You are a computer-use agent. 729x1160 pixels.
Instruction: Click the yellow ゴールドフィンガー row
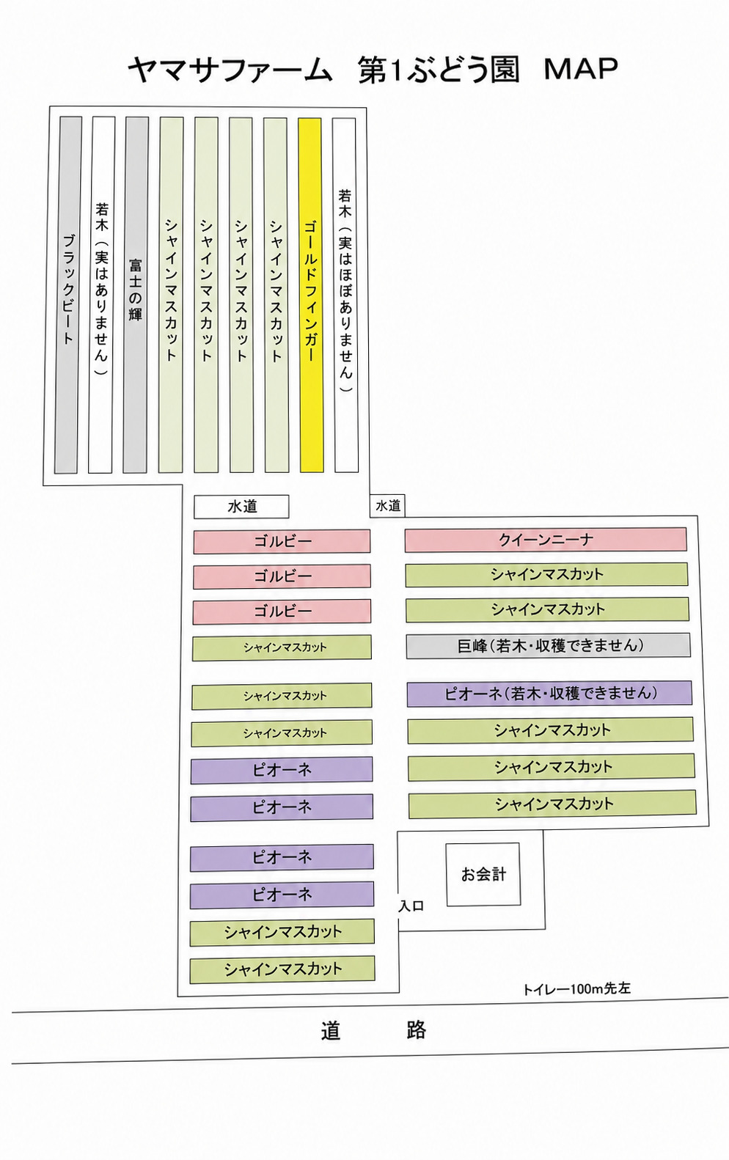tap(311, 295)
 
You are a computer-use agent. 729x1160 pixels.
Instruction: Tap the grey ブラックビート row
tap(68, 295)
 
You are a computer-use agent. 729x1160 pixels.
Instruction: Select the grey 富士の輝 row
tap(135, 295)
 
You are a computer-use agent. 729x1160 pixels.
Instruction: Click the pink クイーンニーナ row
tap(546, 540)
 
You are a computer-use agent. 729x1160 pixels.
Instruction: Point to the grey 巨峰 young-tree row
tap(548, 645)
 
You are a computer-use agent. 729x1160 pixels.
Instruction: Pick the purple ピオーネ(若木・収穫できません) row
tap(549, 694)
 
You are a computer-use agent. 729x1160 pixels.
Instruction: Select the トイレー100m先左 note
tap(576, 988)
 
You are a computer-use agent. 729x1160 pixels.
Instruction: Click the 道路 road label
tap(373, 1030)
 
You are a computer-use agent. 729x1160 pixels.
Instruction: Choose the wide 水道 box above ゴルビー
tap(241, 507)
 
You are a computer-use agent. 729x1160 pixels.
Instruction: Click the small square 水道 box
tap(387, 505)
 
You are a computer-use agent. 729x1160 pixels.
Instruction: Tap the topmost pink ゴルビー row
tap(282, 542)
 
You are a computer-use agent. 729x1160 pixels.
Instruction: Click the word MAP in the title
tap(581, 69)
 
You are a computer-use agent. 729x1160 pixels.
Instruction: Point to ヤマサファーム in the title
tap(230, 70)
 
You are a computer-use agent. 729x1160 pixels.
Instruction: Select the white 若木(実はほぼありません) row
tap(345, 295)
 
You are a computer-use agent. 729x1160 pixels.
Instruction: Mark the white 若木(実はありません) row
tap(101, 295)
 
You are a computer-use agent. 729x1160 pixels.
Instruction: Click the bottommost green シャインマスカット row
tap(282, 969)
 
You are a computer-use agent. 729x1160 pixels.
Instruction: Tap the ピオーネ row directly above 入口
tap(282, 895)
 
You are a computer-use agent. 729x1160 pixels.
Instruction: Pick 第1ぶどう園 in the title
tap(439, 70)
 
